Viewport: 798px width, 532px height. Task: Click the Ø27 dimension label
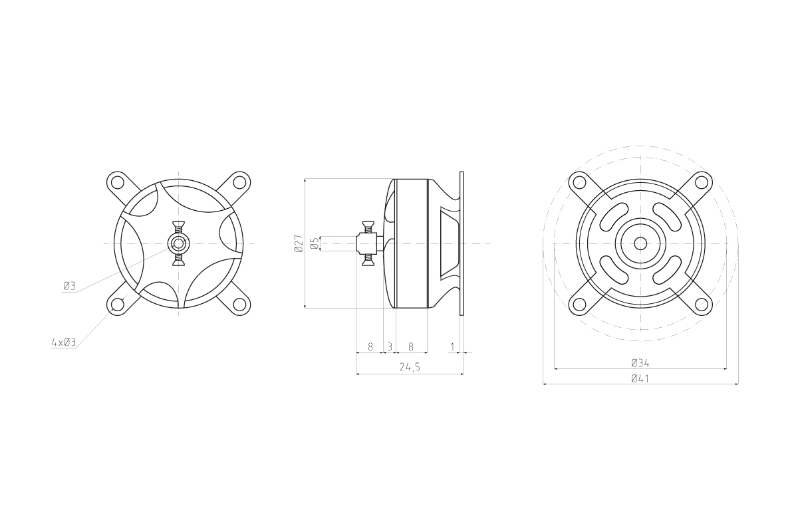(299, 244)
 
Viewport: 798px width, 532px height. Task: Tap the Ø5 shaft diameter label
(314, 244)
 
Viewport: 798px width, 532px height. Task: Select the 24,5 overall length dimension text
(410, 367)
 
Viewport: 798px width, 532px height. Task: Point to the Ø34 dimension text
(640, 363)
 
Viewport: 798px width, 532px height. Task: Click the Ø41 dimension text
(640, 378)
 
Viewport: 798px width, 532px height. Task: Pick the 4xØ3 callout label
(64, 342)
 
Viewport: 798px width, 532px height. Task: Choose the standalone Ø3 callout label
(70, 286)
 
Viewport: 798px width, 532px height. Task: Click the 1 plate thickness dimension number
(452, 346)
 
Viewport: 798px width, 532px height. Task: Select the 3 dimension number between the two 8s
(390, 346)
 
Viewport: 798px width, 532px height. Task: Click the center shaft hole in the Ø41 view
(640, 244)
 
